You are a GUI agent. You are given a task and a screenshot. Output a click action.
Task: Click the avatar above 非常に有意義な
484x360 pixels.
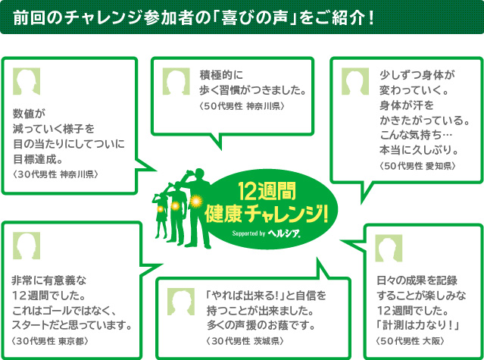point(27,245)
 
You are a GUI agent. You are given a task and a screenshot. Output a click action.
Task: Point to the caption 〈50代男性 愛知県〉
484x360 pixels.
point(416,164)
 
